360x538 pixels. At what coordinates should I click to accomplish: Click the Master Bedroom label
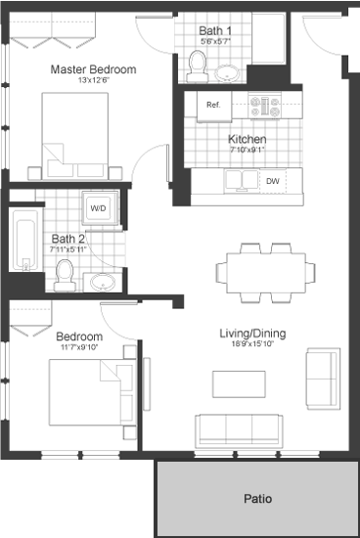93,69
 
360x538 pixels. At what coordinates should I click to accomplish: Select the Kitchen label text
247,139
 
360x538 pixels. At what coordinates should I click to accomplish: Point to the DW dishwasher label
273,181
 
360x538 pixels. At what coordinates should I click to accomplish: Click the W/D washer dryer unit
99,208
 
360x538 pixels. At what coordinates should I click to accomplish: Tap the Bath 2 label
67,238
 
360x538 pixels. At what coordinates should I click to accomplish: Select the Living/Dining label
251,335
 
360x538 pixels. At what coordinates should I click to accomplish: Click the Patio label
257,497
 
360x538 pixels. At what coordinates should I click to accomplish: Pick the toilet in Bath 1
196,67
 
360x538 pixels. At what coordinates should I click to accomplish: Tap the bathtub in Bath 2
24,245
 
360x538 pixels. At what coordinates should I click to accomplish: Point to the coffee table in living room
238,384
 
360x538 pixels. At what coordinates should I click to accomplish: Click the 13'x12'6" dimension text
93,81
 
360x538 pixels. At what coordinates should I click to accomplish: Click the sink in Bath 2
102,283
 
